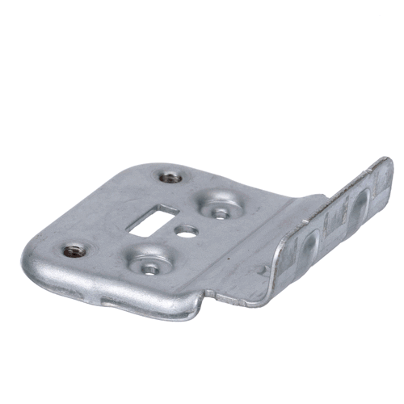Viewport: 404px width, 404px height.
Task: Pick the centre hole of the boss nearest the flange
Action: pyautogui.click(x=219, y=213)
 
